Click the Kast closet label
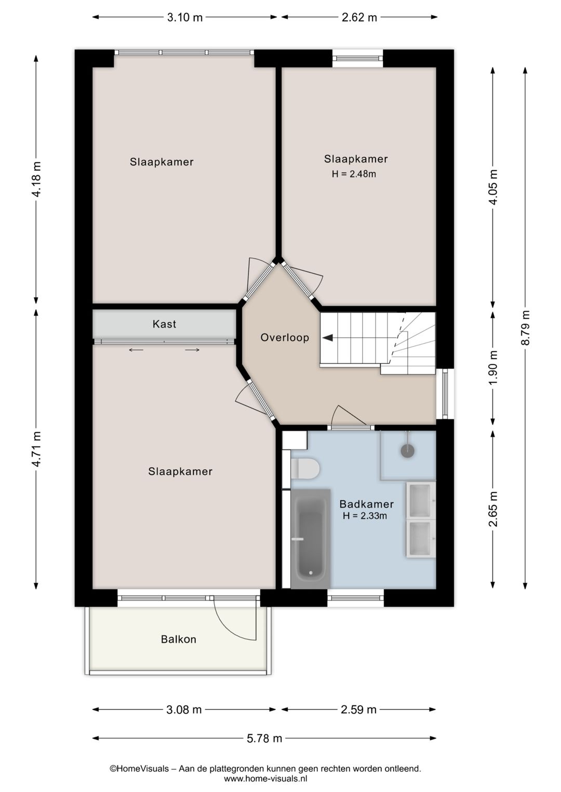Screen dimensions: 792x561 (164, 324)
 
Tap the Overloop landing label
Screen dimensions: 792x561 (285, 338)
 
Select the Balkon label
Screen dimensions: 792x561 (179, 639)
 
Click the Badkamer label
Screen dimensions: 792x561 (366, 504)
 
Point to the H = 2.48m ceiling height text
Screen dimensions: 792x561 (354, 174)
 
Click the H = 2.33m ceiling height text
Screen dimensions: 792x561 (365, 516)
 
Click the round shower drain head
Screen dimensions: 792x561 (408, 451)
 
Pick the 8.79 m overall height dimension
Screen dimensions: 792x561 (525, 327)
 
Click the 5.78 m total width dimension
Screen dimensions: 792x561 (264, 738)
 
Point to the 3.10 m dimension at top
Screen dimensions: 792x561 (184, 18)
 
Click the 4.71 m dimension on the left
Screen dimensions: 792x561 (36, 449)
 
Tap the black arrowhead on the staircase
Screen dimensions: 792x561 (328, 338)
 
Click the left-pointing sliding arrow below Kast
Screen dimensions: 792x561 (136, 350)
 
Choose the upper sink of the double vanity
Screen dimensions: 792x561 (421, 500)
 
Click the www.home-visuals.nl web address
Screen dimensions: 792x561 (265, 779)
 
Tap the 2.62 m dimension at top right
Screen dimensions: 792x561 (359, 18)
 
